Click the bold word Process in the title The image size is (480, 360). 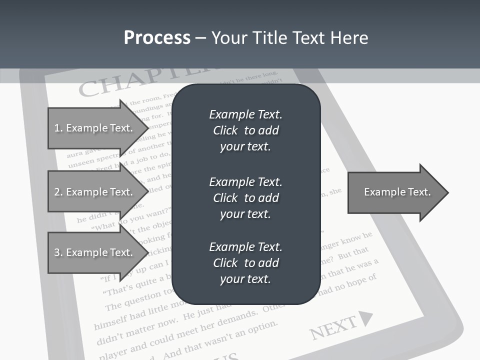pos(157,38)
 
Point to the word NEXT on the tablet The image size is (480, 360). pos(332,327)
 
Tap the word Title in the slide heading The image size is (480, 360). pos(269,38)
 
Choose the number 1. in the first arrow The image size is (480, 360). pos(58,128)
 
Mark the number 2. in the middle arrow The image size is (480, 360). pos(58,192)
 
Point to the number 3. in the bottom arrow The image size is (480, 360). pos(58,252)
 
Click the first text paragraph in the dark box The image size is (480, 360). pos(245,130)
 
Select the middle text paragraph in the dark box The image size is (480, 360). pos(245,198)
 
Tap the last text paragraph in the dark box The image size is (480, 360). pos(245,263)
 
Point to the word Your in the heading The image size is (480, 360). pos(228,38)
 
